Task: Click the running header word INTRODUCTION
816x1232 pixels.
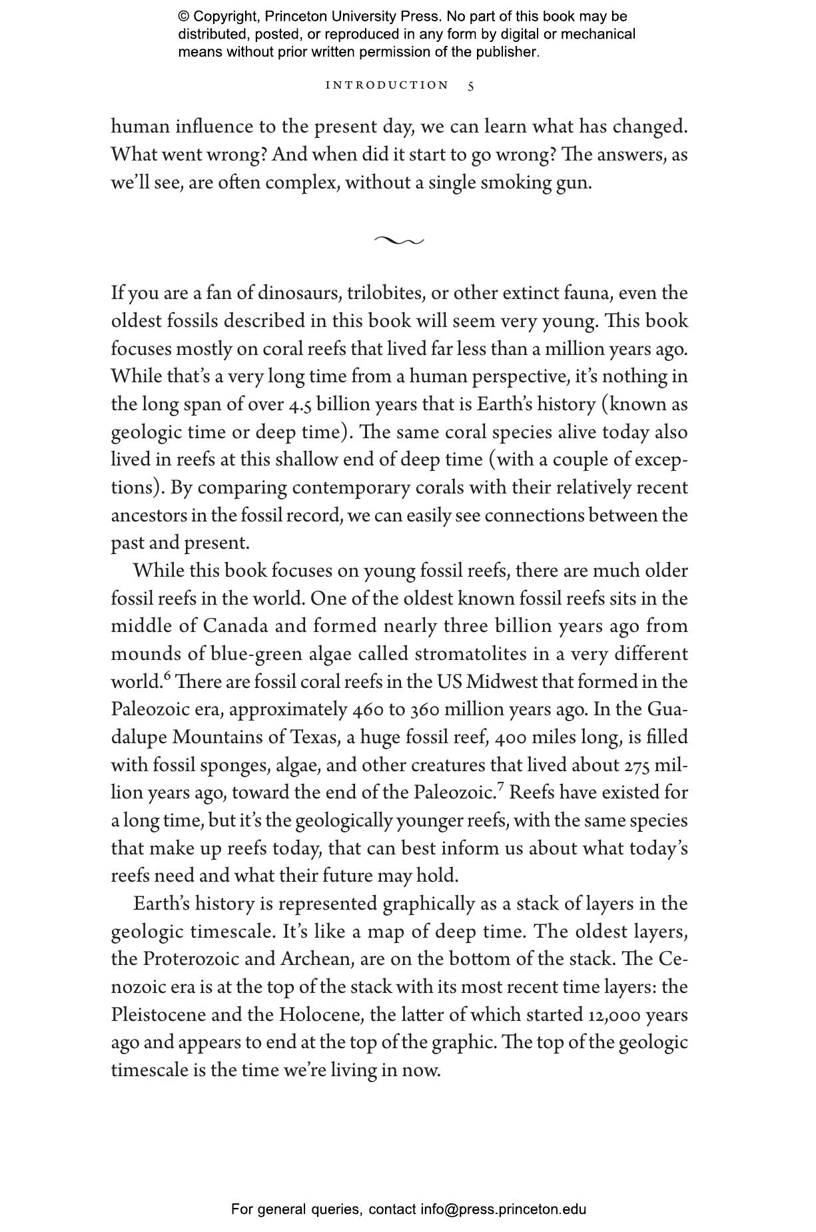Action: coord(387,85)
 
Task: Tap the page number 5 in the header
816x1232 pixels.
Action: coord(471,86)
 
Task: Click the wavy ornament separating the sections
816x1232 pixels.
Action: coord(398,240)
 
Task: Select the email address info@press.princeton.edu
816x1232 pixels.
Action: coord(503,1209)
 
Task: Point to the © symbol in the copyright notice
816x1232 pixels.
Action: coord(184,17)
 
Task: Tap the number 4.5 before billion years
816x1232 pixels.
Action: coord(300,405)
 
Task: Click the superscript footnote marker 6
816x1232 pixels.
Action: coord(168,677)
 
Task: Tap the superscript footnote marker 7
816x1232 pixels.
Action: coord(500,788)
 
